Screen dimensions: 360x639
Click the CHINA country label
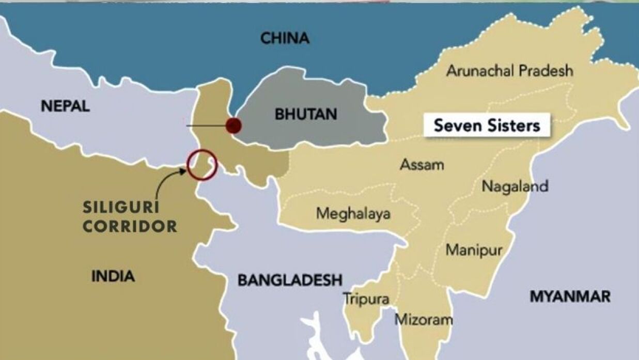click(x=285, y=38)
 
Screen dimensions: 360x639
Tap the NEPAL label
click(x=66, y=106)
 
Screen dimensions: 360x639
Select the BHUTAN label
click(x=306, y=114)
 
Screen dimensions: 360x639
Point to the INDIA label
click(x=113, y=276)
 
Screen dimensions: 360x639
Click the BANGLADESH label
click(x=290, y=280)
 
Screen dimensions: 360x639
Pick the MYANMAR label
click(x=570, y=296)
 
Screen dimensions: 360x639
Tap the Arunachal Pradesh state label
click(x=509, y=71)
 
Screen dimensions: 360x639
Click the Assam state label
click(x=422, y=165)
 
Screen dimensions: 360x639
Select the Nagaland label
click(x=515, y=186)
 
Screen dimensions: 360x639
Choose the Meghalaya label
click(x=353, y=213)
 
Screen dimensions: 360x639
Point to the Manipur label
click(x=474, y=251)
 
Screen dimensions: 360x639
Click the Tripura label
click(x=366, y=299)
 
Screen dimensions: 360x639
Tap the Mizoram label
click(x=424, y=320)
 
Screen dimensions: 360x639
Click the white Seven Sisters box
click(x=487, y=126)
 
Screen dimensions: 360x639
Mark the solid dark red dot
click(x=233, y=125)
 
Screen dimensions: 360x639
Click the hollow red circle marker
click(x=202, y=165)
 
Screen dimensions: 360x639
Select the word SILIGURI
click(x=121, y=209)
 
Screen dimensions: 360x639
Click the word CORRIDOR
click(x=130, y=226)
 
